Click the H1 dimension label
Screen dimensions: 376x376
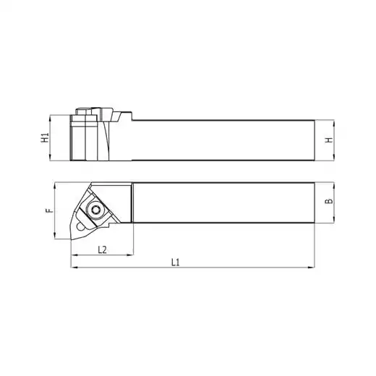pos(45,137)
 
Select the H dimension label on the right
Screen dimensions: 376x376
pos(329,140)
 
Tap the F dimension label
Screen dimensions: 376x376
pos(49,210)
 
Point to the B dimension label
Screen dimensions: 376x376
pos(328,201)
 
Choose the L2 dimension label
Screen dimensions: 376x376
pos(102,250)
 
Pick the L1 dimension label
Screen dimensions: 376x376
pos(176,262)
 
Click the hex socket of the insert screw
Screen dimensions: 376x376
pos(95,210)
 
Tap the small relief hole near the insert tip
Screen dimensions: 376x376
pos(80,226)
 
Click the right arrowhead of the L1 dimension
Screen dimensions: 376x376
pos(312,268)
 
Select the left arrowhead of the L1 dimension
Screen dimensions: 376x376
pos(74,268)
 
